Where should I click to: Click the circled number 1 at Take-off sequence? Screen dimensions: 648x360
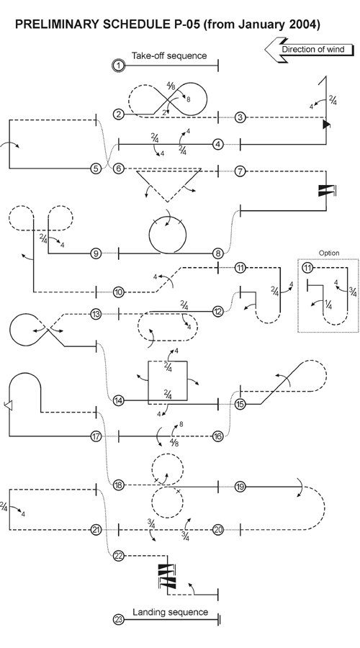pyautogui.click(x=118, y=66)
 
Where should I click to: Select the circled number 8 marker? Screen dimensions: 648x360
pyautogui.click(x=217, y=253)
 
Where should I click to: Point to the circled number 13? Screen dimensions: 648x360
pyautogui.click(x=96, y=314)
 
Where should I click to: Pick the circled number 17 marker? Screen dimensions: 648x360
pyautogui.click(x=96, y=436)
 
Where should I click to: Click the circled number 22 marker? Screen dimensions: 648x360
pyautogui.click(x=119, y=555)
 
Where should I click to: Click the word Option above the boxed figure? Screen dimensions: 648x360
pyautogui.click(x=329, y=253)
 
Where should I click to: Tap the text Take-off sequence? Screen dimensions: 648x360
pyautogui.click(x=168, y=55)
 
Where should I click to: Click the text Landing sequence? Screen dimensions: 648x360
pyautogui.click(x=170, y=612)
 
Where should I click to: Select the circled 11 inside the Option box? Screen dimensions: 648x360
pyautogui.click(x=307, y=268)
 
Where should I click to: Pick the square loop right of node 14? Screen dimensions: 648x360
pyautogui.click(x=168, y=382)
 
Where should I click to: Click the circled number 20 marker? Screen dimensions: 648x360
pyautogui.click(x=217, y=529)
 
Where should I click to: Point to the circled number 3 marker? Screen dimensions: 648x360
pyautogui.click(x=240, y=117)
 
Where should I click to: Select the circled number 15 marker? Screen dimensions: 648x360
pyautogui.click(x=240, y=404)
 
